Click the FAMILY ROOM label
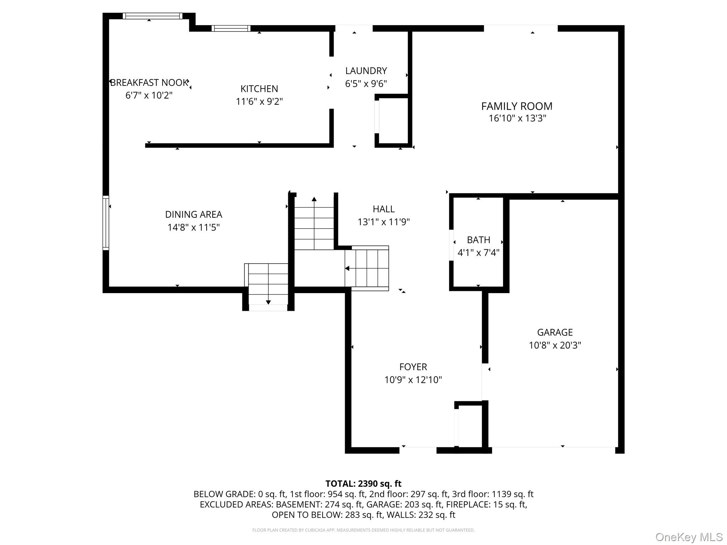516,106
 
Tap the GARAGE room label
555,332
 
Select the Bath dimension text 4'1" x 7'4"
479,253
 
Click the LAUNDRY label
366,71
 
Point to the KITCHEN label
259,89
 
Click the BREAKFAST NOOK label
149,83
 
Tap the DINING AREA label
193,214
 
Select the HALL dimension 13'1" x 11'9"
383,222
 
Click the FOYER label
413,367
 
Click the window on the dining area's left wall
106,223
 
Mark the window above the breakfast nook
152,16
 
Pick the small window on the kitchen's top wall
231,28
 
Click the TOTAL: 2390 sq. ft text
363,484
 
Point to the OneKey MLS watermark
689,537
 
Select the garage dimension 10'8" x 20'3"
555,345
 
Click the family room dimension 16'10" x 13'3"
517,118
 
